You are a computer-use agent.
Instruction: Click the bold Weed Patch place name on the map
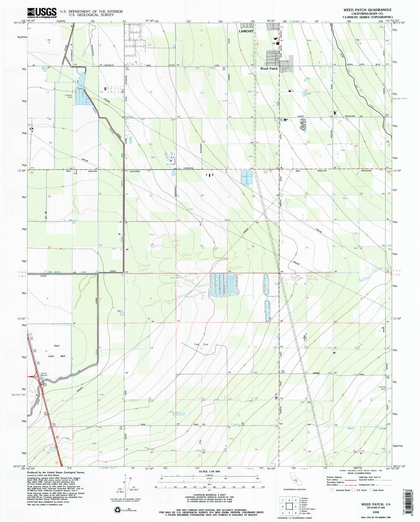coord(269,69)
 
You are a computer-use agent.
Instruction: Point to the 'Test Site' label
coord(201,345)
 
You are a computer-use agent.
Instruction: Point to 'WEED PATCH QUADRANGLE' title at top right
coord(367,10)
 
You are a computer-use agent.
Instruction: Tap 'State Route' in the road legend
coord(378,490)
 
